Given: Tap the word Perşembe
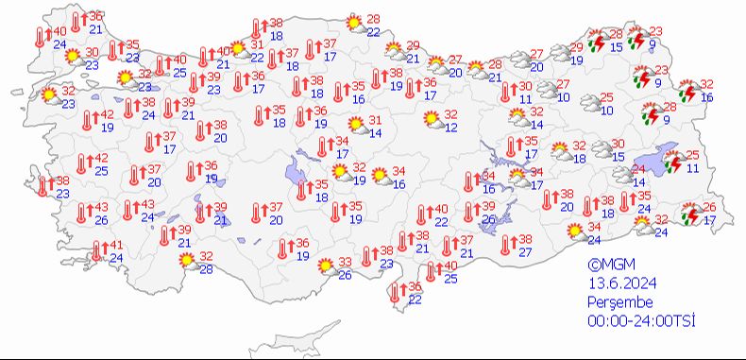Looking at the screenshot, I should (x=619, y=302).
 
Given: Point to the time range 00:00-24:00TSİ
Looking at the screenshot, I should (x=640, y=321).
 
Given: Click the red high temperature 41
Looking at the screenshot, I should (x=117, y=246).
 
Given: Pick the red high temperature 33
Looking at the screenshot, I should (x=346, y=262).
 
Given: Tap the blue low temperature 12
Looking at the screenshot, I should (x=451, y=128).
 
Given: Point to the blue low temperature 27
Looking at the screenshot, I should (x=525, y=252).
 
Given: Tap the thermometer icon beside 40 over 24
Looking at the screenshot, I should (x=41, y=38).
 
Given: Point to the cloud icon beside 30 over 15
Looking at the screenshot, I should (x=598, y=148).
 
